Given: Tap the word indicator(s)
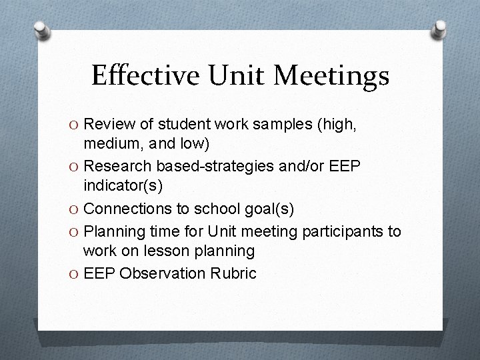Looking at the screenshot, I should pos(117,185).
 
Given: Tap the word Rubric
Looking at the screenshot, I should pos(235,273).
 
